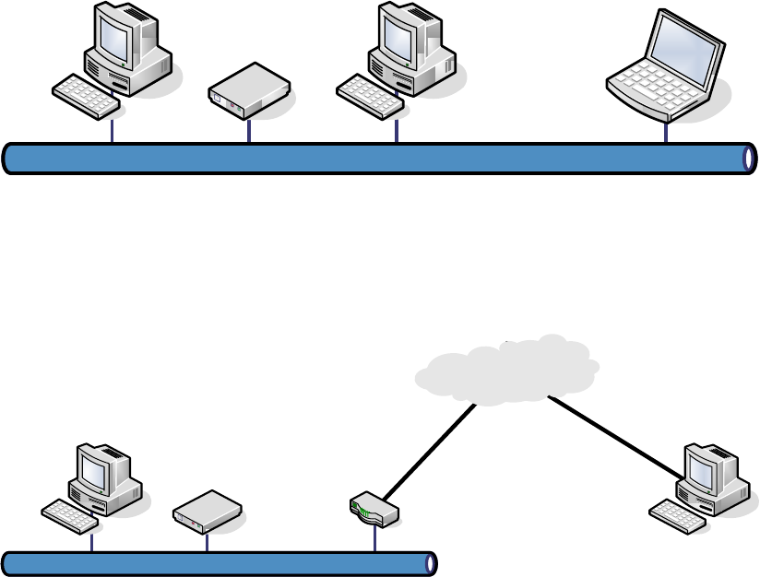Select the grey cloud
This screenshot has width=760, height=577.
tap(505, 369)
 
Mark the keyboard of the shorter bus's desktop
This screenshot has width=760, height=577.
tap(69, 514)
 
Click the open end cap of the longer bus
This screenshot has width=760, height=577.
tap(748, 158)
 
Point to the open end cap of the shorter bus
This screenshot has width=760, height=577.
tap(429, 562)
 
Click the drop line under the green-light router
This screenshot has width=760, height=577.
tap(374, 539)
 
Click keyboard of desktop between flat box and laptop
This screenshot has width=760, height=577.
tap(367, 92)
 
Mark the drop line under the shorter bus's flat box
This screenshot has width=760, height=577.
tap(207, 541)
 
